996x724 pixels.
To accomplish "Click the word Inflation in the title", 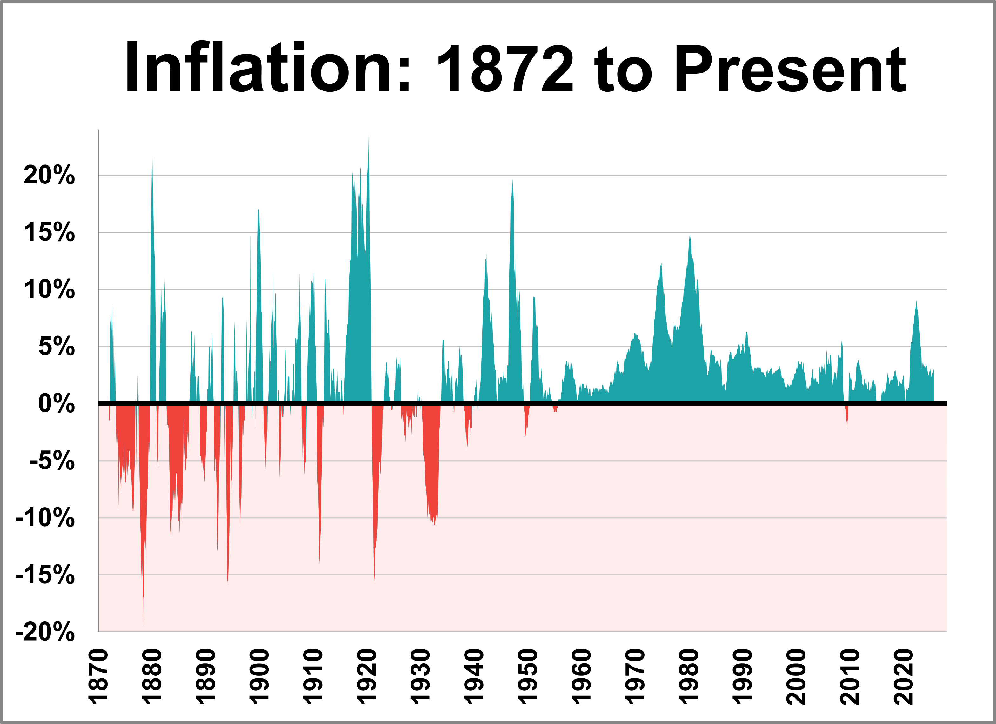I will pyautogui.click(x=267, y=68).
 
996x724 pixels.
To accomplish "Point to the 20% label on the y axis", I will pyautogui.click(x=49, y=175).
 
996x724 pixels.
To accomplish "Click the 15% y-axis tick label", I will pyautogui.click(x=49, y=232).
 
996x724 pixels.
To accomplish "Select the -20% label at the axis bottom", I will pyautogui.click(x=45, y=632).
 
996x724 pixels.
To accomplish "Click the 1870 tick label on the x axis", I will pyautogui.click(x=98, y=677).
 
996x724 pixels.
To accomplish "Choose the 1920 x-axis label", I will pyautogui.click(x=367, y=677).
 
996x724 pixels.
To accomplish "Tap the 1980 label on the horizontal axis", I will pyautogui.click(x=689, y=677).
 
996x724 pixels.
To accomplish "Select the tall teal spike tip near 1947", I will pyautogui.click(x=512, y=181).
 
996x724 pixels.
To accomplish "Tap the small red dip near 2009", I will pyautogui.click(x=847, y=425).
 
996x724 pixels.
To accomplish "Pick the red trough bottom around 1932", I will pyautogui.click(x=435, y=525).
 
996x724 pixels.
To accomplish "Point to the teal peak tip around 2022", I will pyautogui.click(x=916, y=302).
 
